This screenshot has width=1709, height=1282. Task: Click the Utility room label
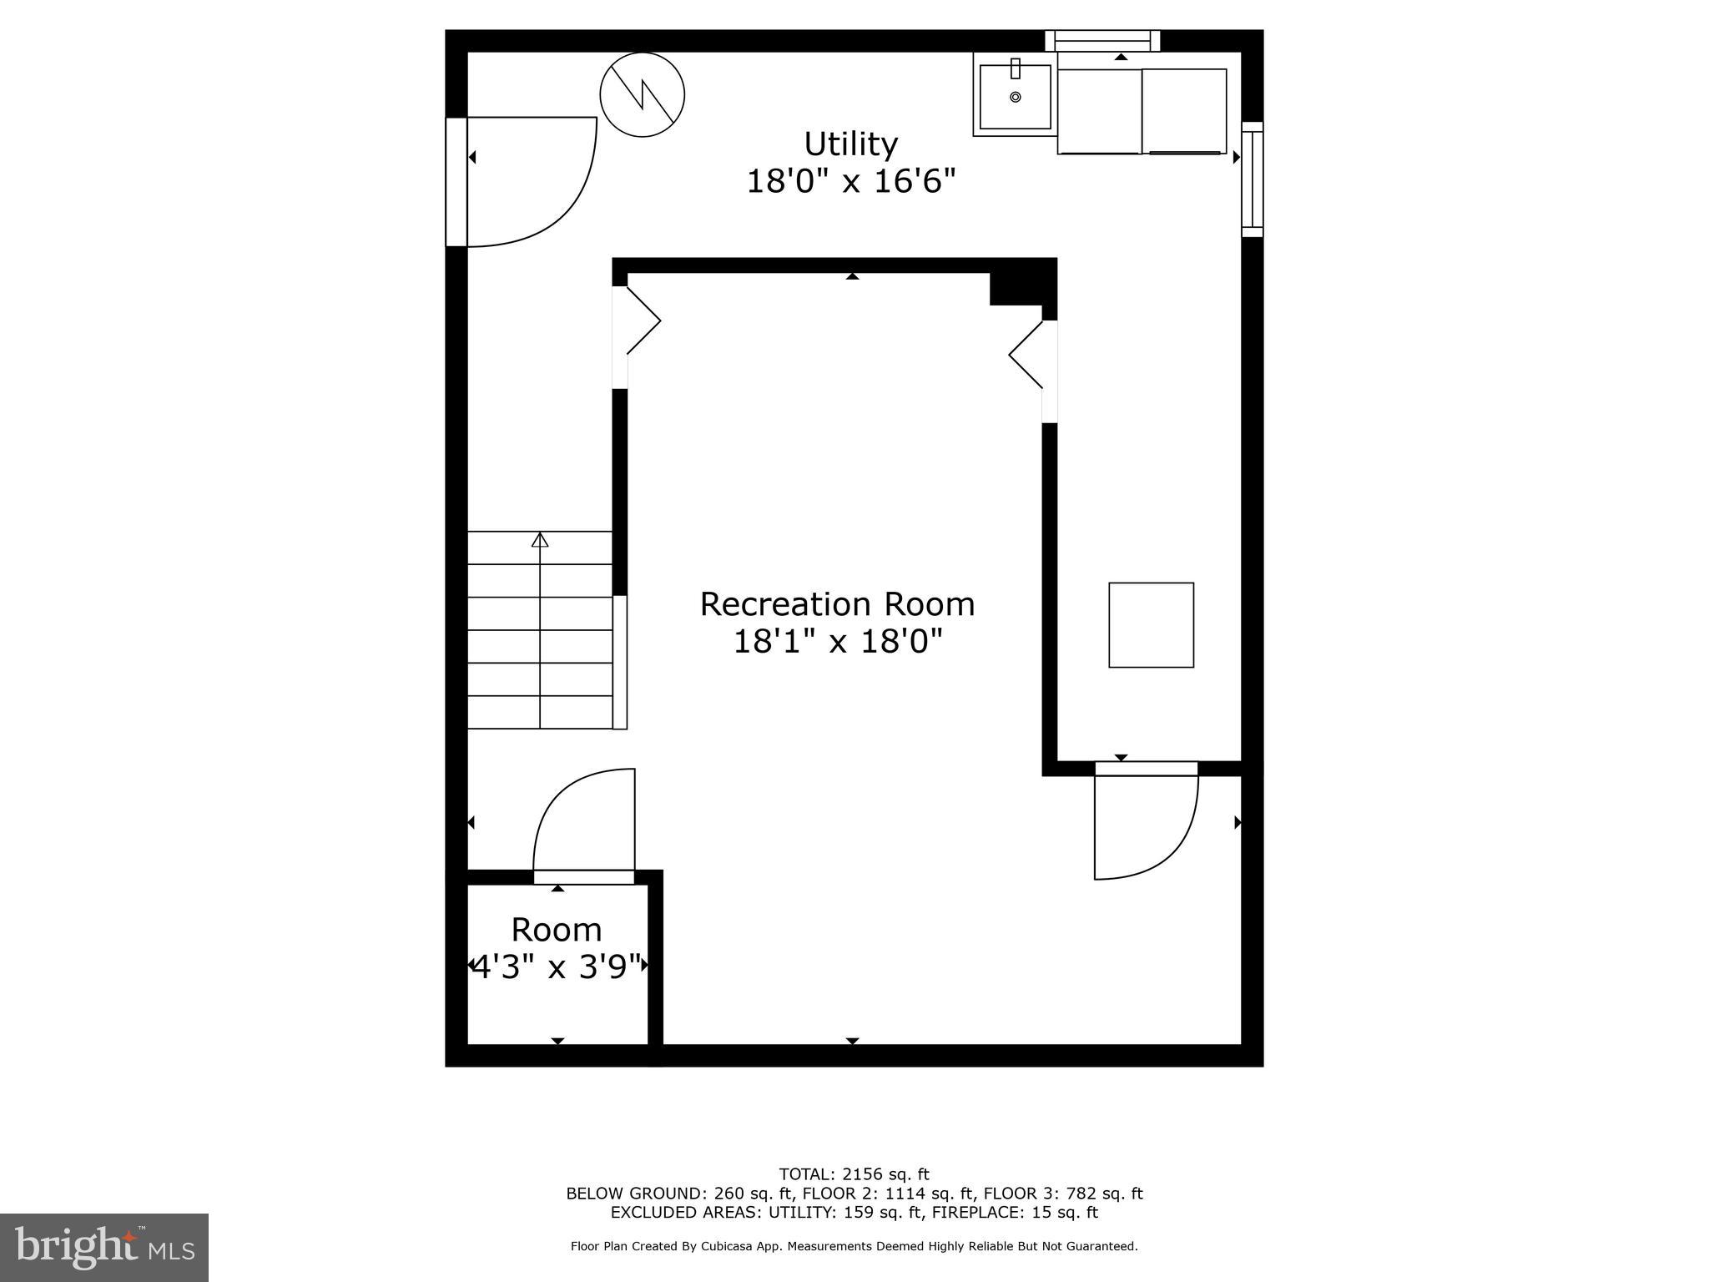point(850,144)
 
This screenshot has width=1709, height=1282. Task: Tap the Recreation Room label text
point(837,604)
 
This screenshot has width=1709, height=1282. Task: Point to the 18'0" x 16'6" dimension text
point(850,181)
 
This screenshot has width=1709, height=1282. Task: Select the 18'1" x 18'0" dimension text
point(837,642)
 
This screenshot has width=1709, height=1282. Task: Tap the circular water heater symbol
point(643,94)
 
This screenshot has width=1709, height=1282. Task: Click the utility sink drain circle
point(1016,98)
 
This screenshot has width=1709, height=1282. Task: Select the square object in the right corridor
point(1151,625)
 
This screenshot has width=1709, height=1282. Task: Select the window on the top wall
point(1102,39)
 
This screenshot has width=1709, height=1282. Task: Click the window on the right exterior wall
point(1253,179)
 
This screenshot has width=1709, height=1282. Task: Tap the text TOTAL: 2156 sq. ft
point(854,1174)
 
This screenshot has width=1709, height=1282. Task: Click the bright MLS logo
point(104,1247)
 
